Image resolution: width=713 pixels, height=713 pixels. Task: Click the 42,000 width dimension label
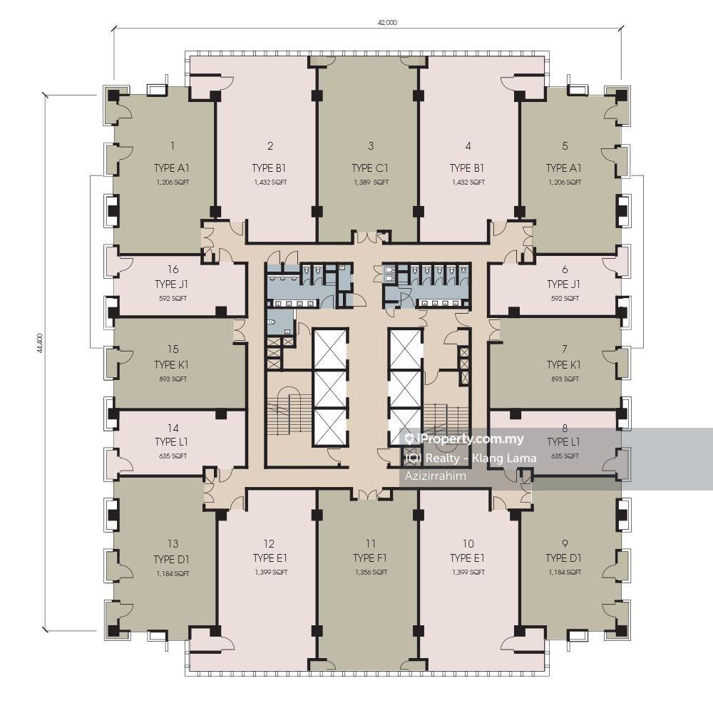point(387,22)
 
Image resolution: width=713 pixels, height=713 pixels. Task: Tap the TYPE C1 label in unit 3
point(370,168)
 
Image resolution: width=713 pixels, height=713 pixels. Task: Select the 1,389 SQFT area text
point(371,183)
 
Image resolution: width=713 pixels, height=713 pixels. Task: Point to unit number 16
point(173,270)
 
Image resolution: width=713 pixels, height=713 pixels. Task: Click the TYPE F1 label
point(369,558)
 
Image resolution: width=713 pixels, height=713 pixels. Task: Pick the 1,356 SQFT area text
point(371,573)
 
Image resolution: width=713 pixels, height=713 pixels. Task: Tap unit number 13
point(173,544)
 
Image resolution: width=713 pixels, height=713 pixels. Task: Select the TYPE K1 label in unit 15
point(171,365)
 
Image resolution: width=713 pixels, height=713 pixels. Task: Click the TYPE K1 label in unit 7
point(563,365)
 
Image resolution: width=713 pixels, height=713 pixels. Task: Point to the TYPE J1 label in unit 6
point(563,284)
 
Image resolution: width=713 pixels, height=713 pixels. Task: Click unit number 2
point(270,146)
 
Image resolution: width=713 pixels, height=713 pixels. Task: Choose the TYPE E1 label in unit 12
point(270,558)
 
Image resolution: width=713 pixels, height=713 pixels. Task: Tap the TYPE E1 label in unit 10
point(467,558)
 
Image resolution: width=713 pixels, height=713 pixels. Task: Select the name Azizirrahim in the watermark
point(435,476)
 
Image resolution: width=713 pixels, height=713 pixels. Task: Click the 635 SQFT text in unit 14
point(173,456)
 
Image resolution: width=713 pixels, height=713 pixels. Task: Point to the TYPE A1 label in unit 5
point(563,168)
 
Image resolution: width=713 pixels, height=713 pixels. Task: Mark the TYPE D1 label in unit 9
point(563,558)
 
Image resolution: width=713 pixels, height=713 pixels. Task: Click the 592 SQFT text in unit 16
point(173,299)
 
